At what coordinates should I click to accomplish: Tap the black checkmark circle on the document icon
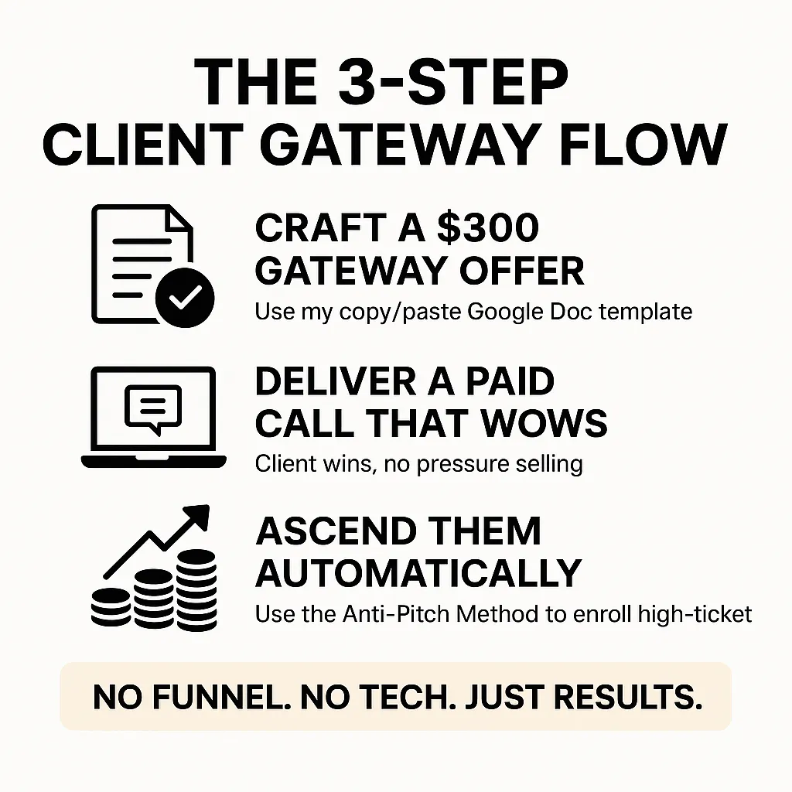coord(184,298)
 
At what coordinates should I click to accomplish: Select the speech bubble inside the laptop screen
coord(152,408)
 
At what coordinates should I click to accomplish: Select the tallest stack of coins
coord(195,587)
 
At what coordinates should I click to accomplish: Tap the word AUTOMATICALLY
coord(418,572)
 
